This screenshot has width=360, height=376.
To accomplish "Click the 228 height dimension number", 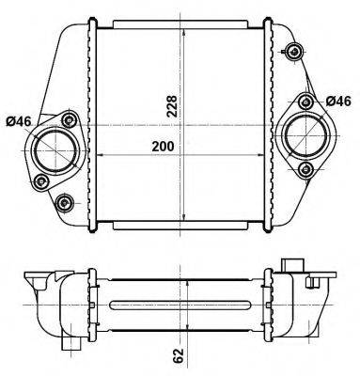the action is (x=172, y=106).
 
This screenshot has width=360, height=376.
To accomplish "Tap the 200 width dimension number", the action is (x=163, y=147).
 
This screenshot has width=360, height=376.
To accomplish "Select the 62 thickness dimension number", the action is (x=179, y=355).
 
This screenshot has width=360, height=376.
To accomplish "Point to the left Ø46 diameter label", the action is (x=19, y=121).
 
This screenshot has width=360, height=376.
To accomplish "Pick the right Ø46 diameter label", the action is (x=338, y=102).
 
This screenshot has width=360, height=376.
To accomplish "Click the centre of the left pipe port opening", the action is (x=55, y=150).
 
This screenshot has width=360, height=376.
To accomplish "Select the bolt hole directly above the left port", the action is (x=69, y=119).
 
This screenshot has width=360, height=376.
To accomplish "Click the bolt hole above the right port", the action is (x=305, y=102).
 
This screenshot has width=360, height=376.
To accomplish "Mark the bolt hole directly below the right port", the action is (x=305, y=169).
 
